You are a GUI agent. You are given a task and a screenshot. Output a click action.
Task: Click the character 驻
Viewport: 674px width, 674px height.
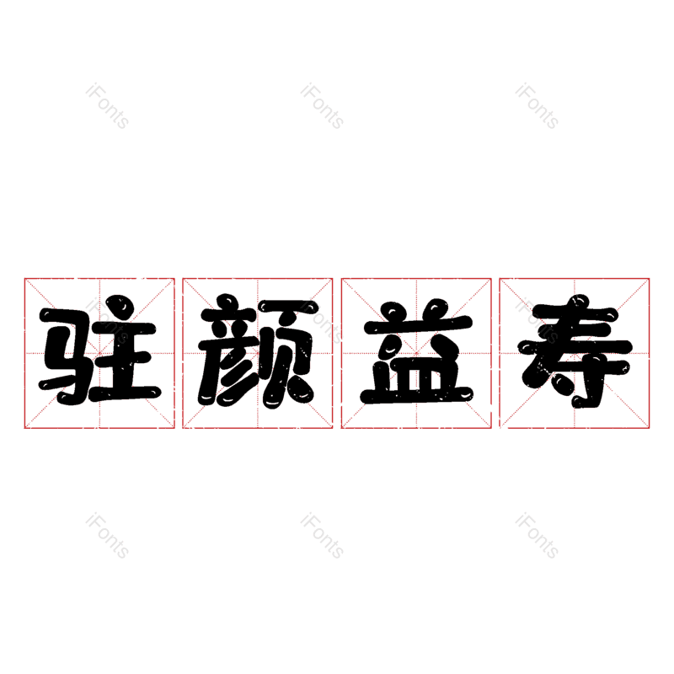click(x=99, y=350)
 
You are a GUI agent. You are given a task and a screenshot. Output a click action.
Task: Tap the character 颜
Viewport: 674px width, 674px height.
click(x=258, y=351)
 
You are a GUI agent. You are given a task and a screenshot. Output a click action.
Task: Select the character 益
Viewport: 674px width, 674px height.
click(x=416, y=351)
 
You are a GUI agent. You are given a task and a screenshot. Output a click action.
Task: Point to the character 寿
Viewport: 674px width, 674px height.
click(x=575, y=351)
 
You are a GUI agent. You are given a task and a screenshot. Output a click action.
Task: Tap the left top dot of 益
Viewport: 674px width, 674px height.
click(x=393, y=311)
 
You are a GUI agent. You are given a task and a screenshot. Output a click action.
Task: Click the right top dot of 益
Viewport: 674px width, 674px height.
click(x=435, y=308)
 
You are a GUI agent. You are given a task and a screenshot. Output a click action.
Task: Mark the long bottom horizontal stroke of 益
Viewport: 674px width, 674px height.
click(x=416, y=395)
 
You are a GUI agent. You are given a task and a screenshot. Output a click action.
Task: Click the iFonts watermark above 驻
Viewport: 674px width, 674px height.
click(x=107, y=106)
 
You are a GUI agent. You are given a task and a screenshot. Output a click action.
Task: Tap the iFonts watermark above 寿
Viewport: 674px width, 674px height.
click(x=537, y=106)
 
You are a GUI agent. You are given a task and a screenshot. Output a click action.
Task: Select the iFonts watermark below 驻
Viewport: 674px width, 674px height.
click(x=107, y=536)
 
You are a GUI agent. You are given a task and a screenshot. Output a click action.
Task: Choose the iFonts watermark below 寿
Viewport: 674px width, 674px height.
click(x=537, y=536)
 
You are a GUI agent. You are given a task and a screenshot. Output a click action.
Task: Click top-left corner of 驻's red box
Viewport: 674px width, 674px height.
click(x=24, y=279)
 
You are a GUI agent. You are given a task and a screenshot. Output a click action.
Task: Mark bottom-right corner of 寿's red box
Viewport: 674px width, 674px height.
click(x=650, y=428)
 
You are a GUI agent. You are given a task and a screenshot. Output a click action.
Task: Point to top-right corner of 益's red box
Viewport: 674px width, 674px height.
click(x=491, y=279)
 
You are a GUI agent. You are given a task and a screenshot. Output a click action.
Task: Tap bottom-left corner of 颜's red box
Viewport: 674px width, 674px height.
click(x=183, y=428)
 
